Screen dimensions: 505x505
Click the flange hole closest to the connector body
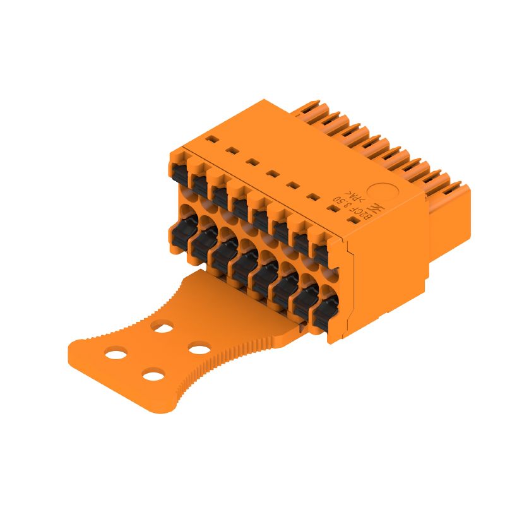(x=162, y=327)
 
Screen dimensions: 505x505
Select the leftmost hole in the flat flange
(x=116, y=354)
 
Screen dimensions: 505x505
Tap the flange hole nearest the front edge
(x=153, y=377)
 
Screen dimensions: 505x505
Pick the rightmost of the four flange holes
(x=199, y=348)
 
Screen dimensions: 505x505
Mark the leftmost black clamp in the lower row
(x=179, y=232)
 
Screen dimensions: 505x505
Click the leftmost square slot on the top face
(x=213, y=140)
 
